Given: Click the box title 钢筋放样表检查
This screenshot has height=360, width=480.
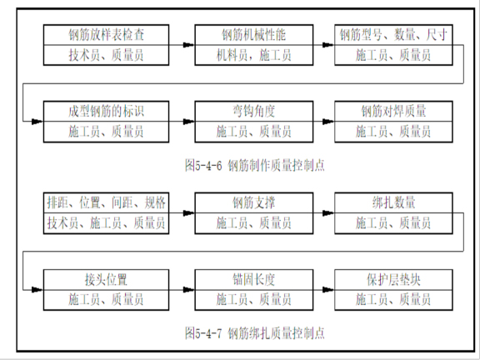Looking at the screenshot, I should [106, 35].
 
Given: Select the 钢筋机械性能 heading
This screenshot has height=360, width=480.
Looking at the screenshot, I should [254, 35].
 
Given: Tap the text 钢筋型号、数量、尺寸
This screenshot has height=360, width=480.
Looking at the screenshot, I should [394, 35].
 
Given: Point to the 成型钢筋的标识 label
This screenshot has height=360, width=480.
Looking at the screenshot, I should [106, 111].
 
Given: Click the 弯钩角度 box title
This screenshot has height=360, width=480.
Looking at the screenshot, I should [254, 111].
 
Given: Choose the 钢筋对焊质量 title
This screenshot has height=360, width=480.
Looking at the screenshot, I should [394, 111].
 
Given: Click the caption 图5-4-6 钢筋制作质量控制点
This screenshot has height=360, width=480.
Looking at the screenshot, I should [254, 165].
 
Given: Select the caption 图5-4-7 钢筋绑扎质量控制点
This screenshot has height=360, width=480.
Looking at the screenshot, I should [254, 333].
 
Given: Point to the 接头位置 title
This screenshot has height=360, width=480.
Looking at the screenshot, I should [106, 279].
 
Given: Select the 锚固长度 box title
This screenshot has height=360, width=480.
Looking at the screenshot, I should [254, 279].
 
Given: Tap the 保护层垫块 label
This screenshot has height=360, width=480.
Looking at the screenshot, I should [394, 279].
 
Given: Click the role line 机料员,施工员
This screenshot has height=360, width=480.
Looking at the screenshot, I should [254, 56].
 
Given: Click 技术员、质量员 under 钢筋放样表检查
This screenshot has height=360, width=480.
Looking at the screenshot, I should [106, 56].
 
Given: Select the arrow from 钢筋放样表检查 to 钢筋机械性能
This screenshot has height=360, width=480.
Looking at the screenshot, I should [182, 45].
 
